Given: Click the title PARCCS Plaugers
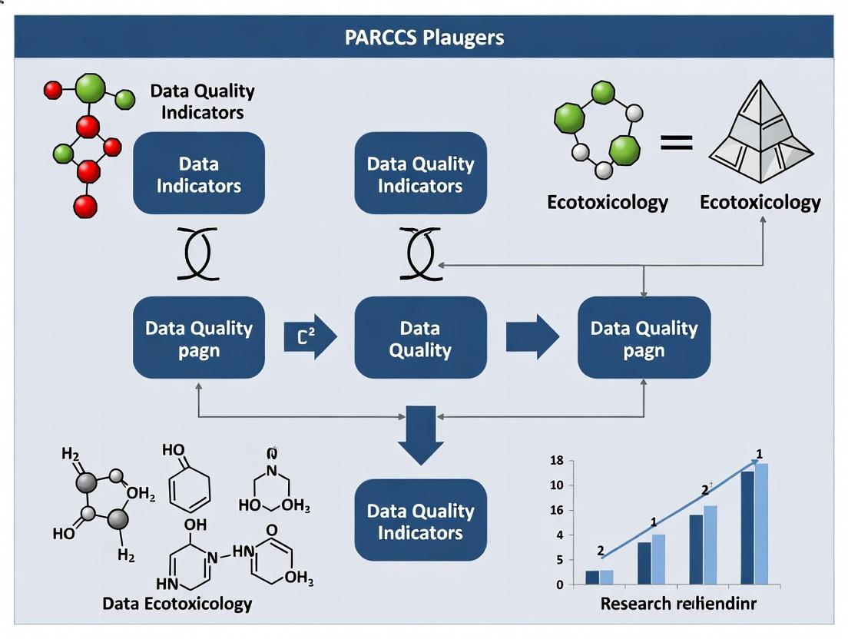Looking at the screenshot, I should tap(424, 37).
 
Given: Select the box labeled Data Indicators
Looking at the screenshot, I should tap(199, 174).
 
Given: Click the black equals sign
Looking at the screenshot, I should tap(675, 143).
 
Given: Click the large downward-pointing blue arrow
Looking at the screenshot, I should tap(421, 435).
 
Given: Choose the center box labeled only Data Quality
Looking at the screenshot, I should tap(420, 339).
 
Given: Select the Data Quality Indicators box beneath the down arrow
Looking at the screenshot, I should tap(420, 522).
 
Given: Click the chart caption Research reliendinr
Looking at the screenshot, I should tap(677, 604).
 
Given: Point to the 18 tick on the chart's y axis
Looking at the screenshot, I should tap(558, 461).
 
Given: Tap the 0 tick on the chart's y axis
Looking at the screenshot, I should tap(559, 585).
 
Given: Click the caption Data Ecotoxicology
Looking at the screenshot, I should tap(177, 604).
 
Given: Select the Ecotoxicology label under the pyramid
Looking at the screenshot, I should tap(760, 203).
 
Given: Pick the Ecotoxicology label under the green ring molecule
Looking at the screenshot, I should tap(607, 203).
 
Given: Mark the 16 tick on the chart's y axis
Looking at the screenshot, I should tap(558, 511).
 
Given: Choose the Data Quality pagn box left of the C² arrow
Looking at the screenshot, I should tap(199, 339).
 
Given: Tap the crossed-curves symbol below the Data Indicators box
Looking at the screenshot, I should tap(199, 253).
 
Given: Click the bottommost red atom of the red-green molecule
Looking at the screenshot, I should tap(85, 206).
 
